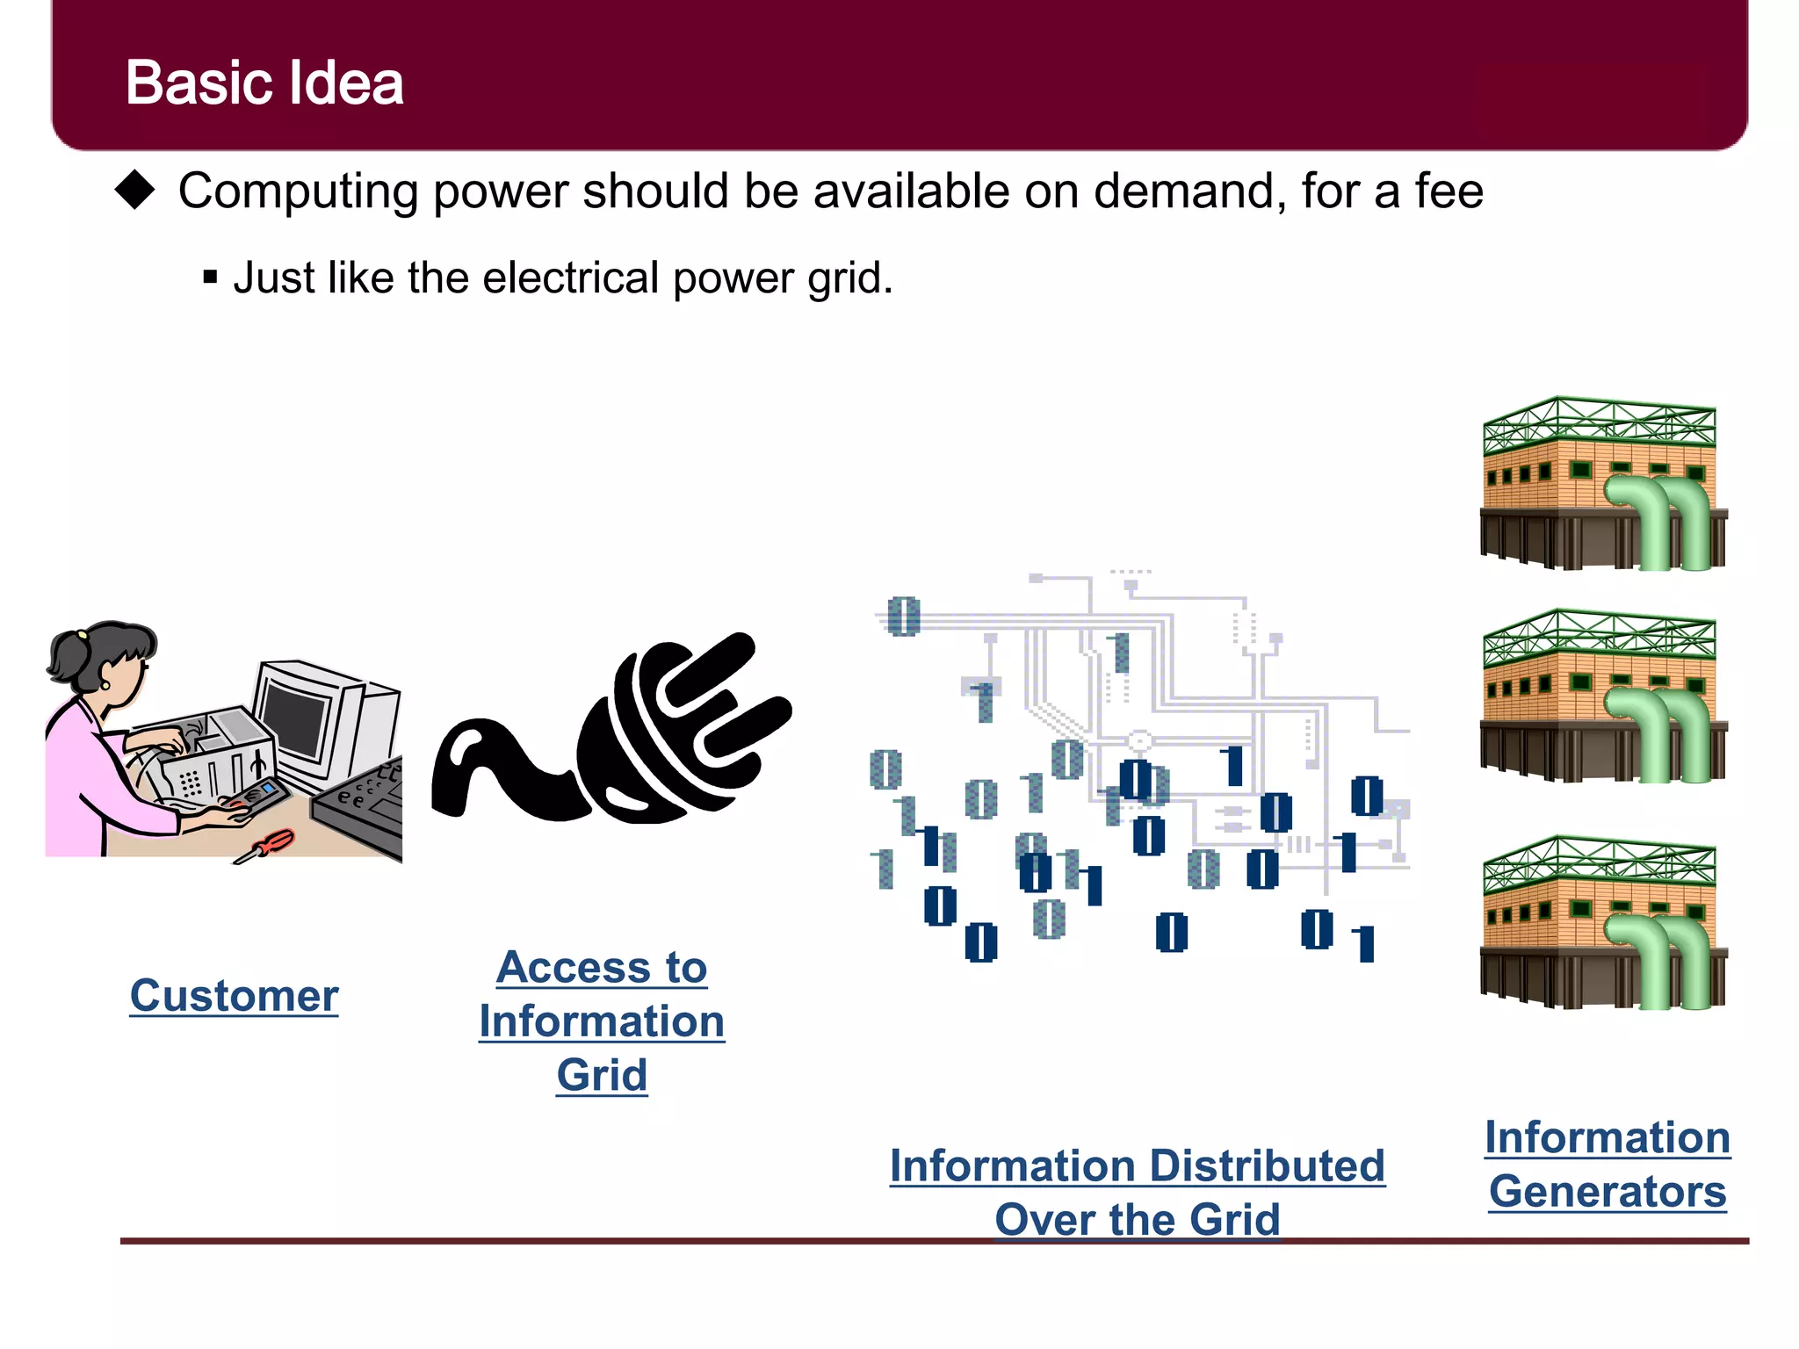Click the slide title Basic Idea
click(x=264, y=83)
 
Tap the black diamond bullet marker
click(x=135, y=190)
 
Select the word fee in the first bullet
click(x=1449, y=191)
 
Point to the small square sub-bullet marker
click(x=210, y=278)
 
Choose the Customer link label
click(x=234, y=996)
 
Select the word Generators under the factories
click(x=1608, y=1192)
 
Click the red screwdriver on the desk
click(x=269, y=845)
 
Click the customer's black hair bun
click(x=65, y=654)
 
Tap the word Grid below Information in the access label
click(x=602, y=1075)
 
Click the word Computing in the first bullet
click(x=298, y=191)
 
